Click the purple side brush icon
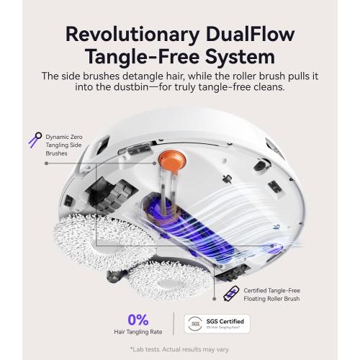click(x=33, y=139)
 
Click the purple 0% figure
click(x=137, y=319)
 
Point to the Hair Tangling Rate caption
click(x=138, y=332)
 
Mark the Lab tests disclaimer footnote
click(x=180, y=350)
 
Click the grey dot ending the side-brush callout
click(x=48, y=163)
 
